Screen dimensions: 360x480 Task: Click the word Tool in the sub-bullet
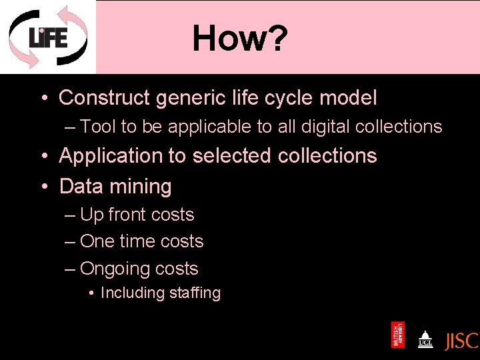[x=97, y=127]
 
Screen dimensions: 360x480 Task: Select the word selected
[x=232, y=156]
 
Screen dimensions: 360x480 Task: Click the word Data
[x=79, y=187]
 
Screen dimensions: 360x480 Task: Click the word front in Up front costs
[x=128, y=215]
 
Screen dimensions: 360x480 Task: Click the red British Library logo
[x=397, y=335]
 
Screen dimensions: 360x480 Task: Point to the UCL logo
[x=425, y=339]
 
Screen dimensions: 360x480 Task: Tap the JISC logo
[x=461, y=340]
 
